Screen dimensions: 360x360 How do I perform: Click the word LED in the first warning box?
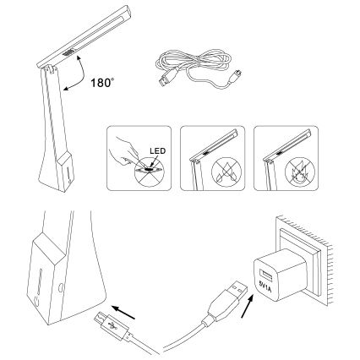[156, 150]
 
